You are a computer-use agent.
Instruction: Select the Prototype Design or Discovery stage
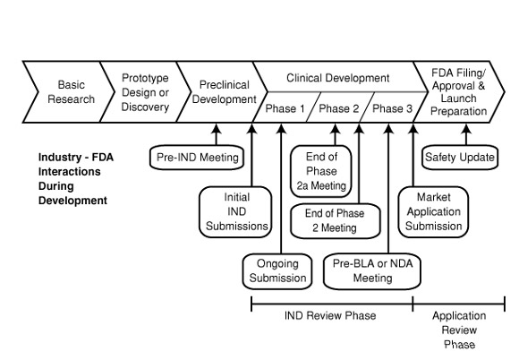pyautogui.click(x=144, y=92)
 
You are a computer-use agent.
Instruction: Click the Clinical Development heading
pyautogui.click(x=337, y=78)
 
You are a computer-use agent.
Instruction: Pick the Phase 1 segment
pyautogui.click(x=285, y=109)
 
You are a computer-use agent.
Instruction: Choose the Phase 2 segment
pyautogui.click(x=339, y=109)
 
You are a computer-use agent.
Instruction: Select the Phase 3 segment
pyautogui.click(x=392, y=109)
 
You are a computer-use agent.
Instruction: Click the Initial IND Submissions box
pyautogui.click(x=234, y=210)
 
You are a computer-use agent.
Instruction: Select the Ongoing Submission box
pyautogui.click(x=277, y=270)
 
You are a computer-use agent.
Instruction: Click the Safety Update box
pyautogui.click(x=459, y=158)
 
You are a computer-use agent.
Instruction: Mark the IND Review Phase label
pyautogui.click(x=330, y=316)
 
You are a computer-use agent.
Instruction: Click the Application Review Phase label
pyautogui.click(x=458, y=330)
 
